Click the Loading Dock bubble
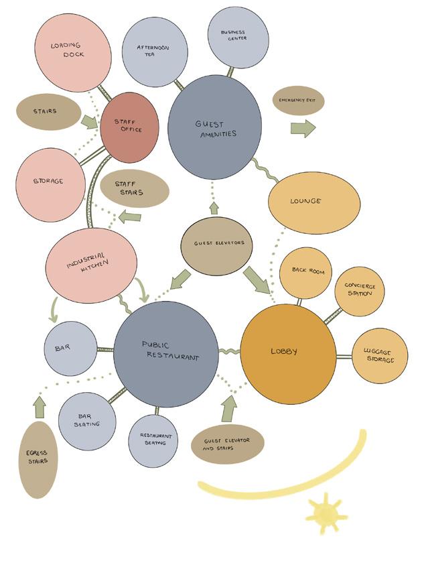point(72,52)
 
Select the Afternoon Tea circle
point(154,53)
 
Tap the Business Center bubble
point(238,38)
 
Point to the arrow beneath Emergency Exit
point(303,128)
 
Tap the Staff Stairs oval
point(134,188)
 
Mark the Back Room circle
point(305,272)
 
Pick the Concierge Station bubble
point(359,291)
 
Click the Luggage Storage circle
point(379,356)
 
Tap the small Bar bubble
point(71,349)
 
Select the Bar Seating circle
point(86,421)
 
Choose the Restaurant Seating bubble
point(153,440)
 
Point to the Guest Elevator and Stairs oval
point(228,445)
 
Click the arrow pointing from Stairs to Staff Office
point(89,122)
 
